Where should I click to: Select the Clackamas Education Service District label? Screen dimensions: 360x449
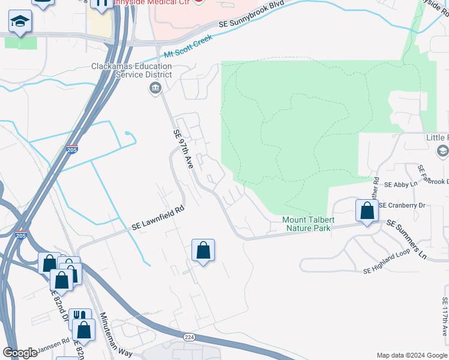[131, 71]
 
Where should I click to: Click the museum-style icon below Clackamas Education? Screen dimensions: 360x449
[155, 89]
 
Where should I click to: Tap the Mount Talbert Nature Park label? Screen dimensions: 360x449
[309, 224]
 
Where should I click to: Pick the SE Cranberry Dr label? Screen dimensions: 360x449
[402, 205]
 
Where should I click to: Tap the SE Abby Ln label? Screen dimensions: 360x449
[400, 185]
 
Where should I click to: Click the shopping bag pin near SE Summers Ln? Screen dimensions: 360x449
[366, 211]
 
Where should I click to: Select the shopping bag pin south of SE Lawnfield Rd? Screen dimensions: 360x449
[203, 250]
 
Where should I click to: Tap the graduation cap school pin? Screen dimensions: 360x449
[20, 22]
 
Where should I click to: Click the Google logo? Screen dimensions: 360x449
[20, 353]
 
